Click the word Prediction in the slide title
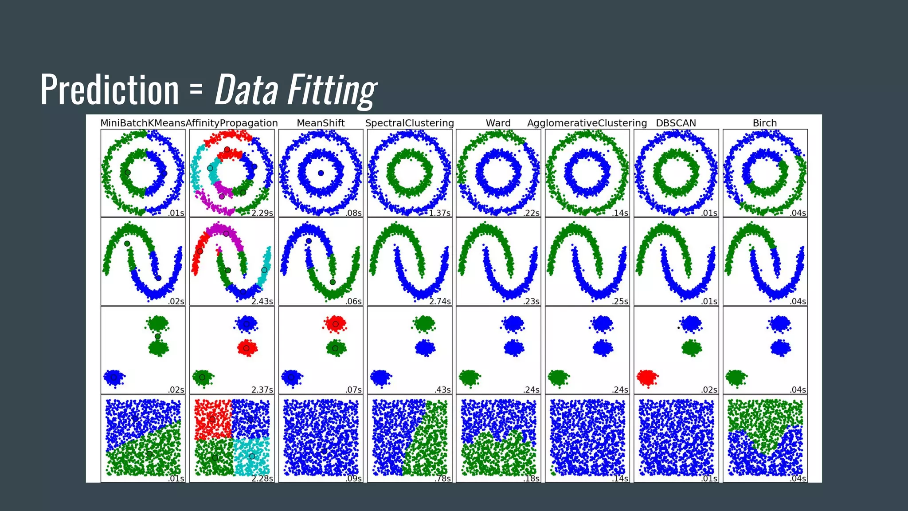(110, 90)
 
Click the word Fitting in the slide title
(332, 90)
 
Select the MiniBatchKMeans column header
(143, 123)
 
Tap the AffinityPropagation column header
(232, 123)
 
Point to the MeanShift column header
(321, 123)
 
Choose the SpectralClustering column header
(410, 123)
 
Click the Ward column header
(498, 123)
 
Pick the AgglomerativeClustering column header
(587, 123)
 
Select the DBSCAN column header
(676, 123)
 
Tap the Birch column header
(765, 123)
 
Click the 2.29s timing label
(262, 213)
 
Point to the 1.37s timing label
(439, 213)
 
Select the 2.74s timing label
(440, 301)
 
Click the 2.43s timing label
(262, 301)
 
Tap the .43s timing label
(442, 389)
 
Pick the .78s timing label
(442, 478)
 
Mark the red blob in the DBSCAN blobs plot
(647, 378)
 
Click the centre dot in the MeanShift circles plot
(321, 173)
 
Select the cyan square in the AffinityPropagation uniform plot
(251, 457)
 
